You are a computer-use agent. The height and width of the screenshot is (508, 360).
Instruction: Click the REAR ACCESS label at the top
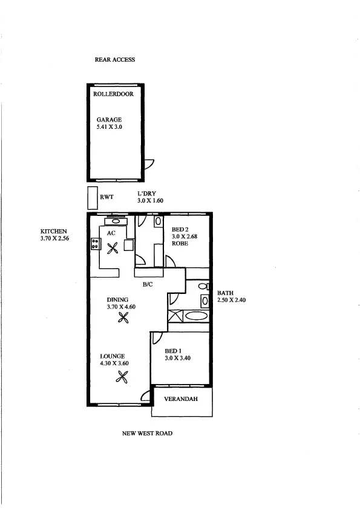tap(114, 60)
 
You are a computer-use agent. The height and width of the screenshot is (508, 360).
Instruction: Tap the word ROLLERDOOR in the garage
tap(113, 94)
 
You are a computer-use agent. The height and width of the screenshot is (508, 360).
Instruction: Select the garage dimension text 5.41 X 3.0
tap(110, 128)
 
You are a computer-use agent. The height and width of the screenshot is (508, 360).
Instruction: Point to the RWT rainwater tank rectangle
tap(92, 197)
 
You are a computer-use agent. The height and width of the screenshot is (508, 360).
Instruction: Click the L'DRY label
tap(147, 193)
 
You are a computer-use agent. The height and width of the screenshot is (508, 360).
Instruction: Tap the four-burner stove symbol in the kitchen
tap(95, 244)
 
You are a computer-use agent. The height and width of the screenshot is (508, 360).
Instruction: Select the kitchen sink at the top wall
tap(115, 220)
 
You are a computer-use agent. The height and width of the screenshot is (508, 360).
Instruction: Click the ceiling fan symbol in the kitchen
tap(112, 249)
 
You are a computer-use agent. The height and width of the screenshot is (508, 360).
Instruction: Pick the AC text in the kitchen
tap(111, 232)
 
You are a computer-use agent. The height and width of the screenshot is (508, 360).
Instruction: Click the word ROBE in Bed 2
tap(180, 243)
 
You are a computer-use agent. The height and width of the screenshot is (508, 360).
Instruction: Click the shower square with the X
tap(174, 315)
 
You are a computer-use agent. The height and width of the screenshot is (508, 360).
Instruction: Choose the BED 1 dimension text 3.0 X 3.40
tap(177, 359)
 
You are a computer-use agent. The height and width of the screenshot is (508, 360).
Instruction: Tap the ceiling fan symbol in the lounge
tap(122, 378)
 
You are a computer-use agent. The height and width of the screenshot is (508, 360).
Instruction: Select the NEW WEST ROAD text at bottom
tap(147, 433)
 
